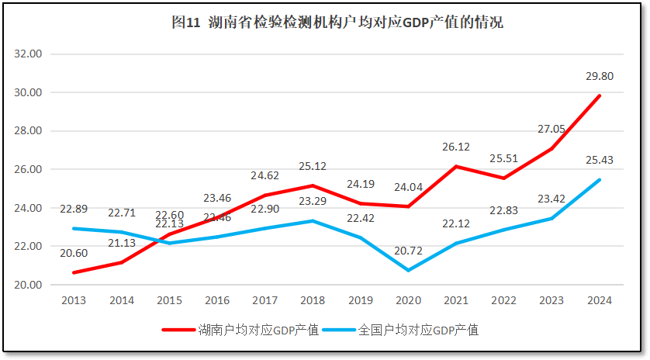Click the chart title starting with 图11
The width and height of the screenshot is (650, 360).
tap(337, 22)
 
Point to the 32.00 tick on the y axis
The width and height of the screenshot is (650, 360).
tap(29, 54)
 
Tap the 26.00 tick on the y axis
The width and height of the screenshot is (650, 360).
tap(29, 169)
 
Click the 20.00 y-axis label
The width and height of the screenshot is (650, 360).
tap(29, 285)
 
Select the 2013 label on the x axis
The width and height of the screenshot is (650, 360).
tap(73, 300)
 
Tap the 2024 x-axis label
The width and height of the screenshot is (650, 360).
tap(600, 300)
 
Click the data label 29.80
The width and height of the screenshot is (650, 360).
tap(598, 77)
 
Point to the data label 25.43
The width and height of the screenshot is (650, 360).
tap(598, 161)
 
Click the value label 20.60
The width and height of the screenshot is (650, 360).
tap(73, 253)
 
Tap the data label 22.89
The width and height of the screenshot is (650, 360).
tap(74, 209)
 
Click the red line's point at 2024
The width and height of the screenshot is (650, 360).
tap(600, 96)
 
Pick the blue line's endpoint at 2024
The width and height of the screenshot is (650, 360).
tap(600, 180)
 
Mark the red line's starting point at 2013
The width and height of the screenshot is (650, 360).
tap(74, 272)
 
